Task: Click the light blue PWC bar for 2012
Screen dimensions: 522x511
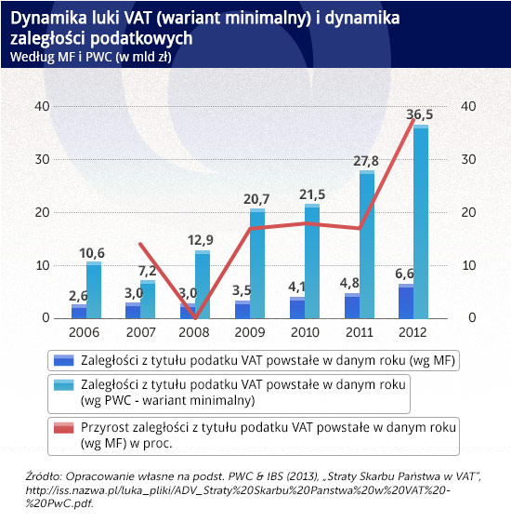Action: [x=421, y=223]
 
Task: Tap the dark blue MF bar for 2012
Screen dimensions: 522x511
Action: [x=406, y=301]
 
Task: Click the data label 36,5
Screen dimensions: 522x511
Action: [x=420, y=114]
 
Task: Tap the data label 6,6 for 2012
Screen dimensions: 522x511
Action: [x=406, y=274]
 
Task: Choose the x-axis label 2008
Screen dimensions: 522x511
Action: [x=195, y=332]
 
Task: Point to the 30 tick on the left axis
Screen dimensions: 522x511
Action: [x=42, y=159]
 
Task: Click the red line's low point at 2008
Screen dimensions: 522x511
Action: [x=195, y=316]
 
